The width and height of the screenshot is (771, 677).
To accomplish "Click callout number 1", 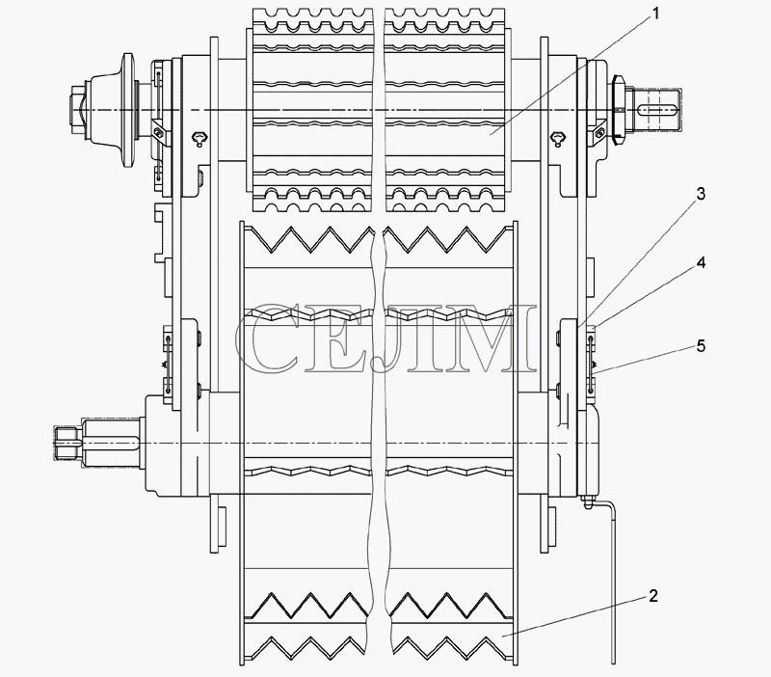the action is [x=654, y=14].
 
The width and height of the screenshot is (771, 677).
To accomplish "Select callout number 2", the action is [x=652, y=596].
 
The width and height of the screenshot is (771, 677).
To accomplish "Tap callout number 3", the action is [x=701, y=194].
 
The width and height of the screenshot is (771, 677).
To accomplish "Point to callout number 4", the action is [x=701, y=262].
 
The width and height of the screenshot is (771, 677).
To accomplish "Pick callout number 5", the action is [x=701, y=346].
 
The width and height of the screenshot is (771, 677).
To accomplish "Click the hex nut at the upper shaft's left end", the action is [x=78, y=110].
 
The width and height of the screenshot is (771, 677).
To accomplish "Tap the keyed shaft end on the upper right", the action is [x=655, y=110].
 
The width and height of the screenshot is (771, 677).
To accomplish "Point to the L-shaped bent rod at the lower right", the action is [x=613, y=581].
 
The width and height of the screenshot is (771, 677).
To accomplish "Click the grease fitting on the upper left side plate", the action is [x=200, y=138].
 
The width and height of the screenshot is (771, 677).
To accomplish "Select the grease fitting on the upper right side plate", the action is [x=558, y=138].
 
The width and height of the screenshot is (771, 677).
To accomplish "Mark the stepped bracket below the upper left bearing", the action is [x=163, y=232].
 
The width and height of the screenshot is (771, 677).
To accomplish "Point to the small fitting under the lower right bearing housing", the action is [x=588, y=501].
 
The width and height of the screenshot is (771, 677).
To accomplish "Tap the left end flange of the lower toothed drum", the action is [x=242, y=443].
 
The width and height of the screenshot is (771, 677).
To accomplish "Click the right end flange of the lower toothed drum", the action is [x=515, y=443].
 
